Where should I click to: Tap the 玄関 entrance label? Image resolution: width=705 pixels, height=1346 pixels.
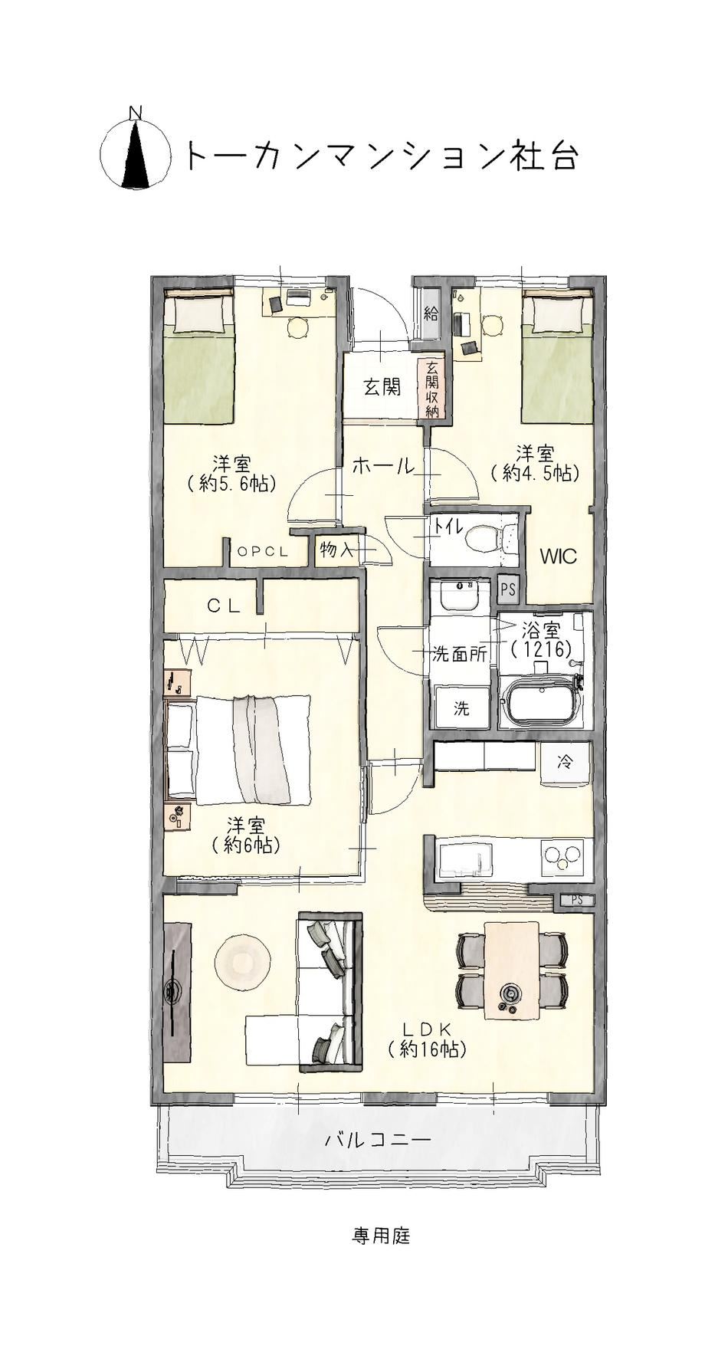coord(382,386)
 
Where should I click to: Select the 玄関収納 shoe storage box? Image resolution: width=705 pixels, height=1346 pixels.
coord(431,389)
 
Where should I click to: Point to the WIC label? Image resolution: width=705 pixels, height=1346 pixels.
coord(559,556)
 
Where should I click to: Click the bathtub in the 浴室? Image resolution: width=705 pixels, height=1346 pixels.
coord(543,701)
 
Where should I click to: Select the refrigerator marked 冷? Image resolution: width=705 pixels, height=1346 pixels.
coord(566,763)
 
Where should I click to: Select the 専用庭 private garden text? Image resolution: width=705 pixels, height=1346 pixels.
coord(382,1236)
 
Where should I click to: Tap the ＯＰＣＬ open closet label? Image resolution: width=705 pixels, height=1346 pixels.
coord(263,551)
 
